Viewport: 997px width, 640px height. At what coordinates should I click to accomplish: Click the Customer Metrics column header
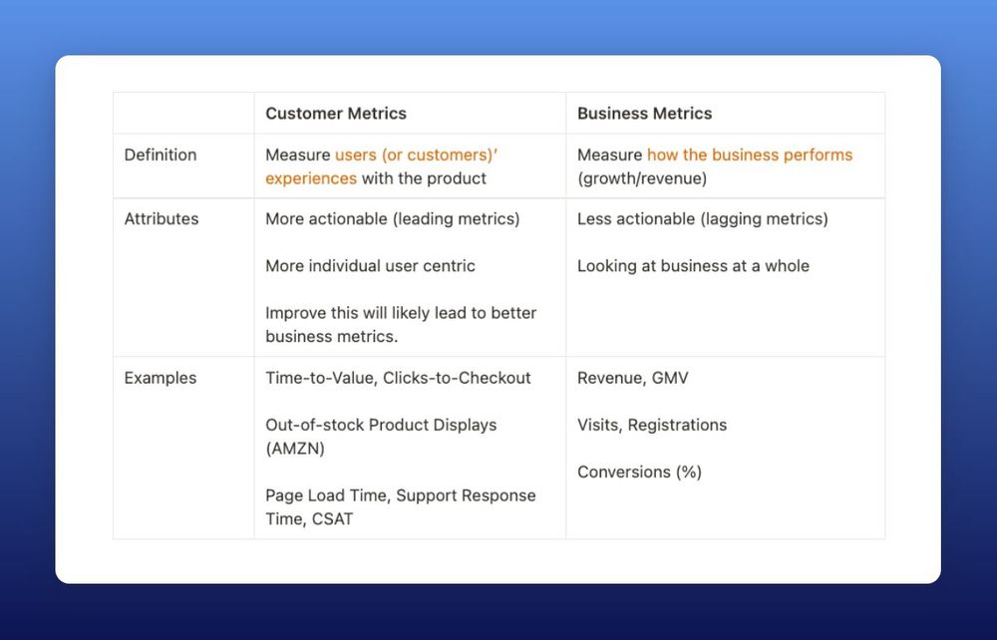tap(336, 114)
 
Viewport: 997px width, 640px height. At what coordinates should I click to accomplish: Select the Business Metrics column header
tap(644, 114)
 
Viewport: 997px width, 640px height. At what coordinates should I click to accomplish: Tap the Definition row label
tap(160, 155)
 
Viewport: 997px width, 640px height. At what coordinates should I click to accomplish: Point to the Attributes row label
tap(161, 218)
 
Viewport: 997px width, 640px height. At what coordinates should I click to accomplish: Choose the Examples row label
tap(160, 378)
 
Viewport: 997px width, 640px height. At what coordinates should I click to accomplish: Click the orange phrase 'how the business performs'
tap(750, 155)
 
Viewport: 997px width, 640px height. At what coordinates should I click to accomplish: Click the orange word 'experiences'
tap(310, 178)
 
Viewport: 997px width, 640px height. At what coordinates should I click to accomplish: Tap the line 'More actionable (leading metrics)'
tap(392, 218)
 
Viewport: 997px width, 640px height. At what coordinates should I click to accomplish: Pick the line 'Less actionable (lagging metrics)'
tap(702, 218)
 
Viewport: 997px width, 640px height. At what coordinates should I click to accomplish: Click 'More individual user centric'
tap(370, 266)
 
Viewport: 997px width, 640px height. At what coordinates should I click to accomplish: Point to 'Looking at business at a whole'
tap(693, 266)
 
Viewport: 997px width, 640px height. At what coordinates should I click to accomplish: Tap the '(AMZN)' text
tap(295, 449)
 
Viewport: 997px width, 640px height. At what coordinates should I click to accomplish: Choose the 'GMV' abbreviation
tap(670, 378)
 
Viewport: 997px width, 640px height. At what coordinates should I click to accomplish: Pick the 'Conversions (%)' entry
tap(639, 472)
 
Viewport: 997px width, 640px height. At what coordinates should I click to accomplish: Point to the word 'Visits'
tap(597, 425)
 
